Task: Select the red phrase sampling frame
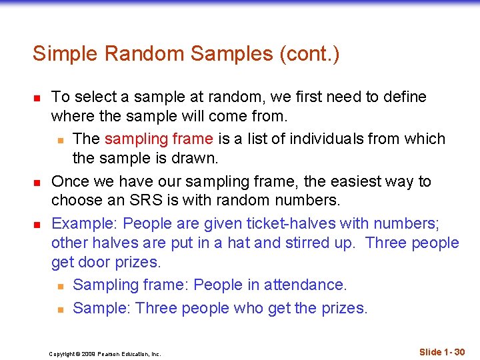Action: click(x=159, y=139)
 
